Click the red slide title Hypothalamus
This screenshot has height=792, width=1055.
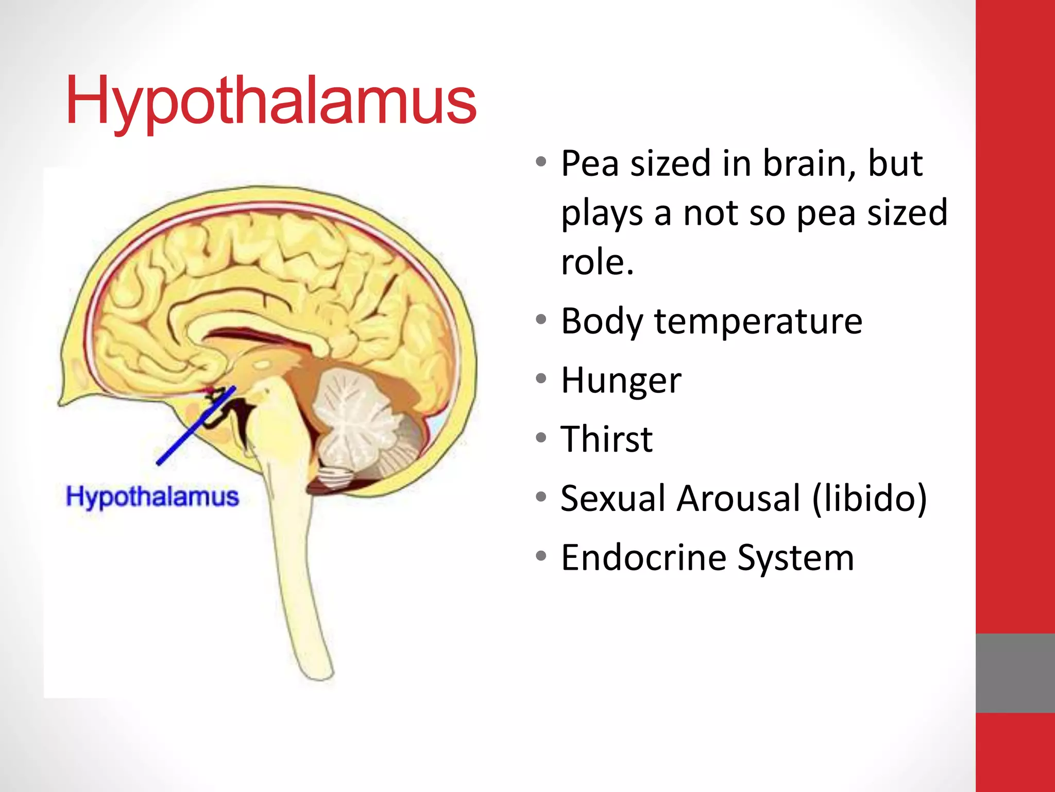[x=271, y=101]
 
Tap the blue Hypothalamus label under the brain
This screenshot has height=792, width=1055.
[x=152, y=497]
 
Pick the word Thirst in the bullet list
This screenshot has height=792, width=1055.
[x=607, y=439]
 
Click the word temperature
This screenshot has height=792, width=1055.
[x=758, y=322]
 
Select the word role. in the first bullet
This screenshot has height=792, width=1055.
[x=597, y=262]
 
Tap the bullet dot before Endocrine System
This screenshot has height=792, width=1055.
[x=540, y=556]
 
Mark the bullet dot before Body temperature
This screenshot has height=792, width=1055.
[x=540, y=320]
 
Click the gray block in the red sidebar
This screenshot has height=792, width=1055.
[x=1015, y=673]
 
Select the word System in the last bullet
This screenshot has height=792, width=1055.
[x=795, y=558]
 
